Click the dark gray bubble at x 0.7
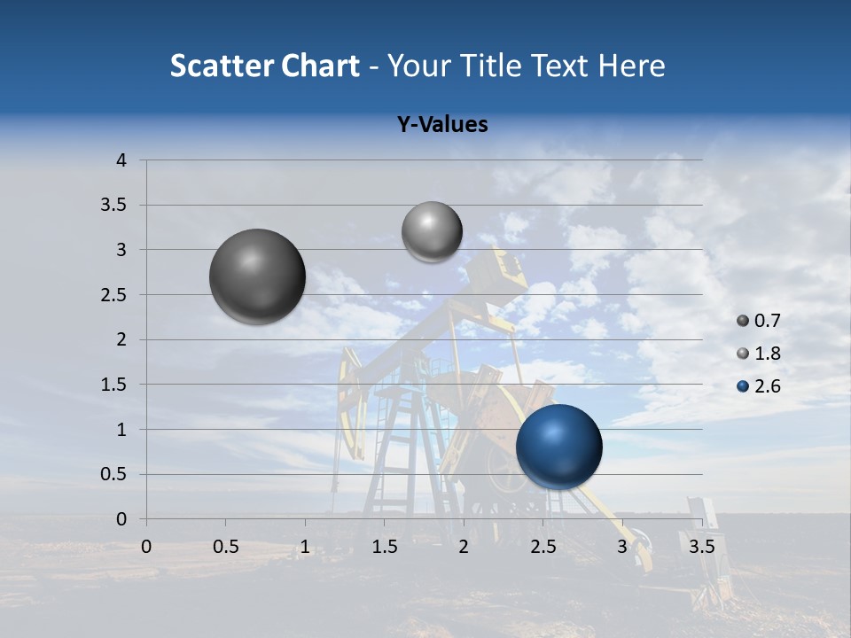click(258, 276)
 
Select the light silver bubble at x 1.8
click(432, 232)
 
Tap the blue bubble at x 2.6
click(559, 447)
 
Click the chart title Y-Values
click(442, 125)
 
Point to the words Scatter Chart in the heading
click(265, 66)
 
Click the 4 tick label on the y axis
click(121, 160)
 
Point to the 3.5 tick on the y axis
click(113, 206)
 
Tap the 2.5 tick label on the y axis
click(113, 295)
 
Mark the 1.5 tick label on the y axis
click(113, 385)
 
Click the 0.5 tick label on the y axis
click(113, 475)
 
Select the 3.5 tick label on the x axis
click(701, 547)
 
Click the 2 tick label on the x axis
click(464, 547)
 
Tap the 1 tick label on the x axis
click(305, 547)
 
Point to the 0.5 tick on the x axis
click(226, 547)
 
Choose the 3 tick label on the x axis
click(622, 547)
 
